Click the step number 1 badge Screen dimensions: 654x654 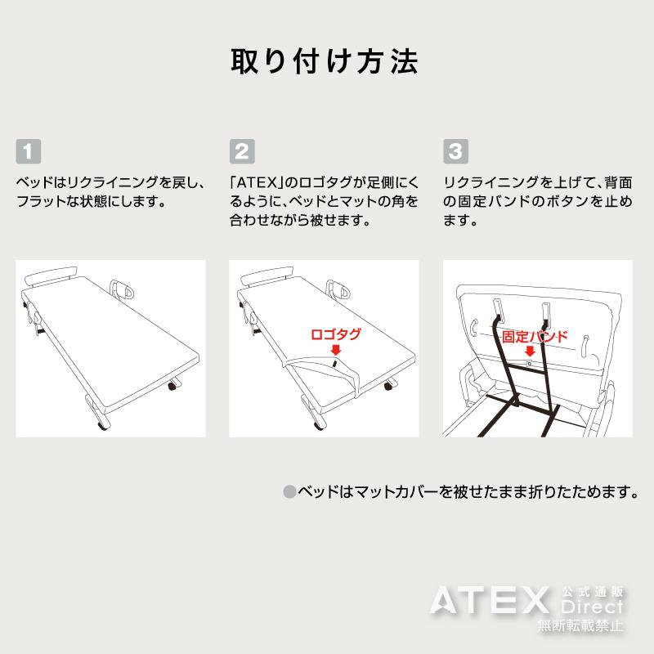pos(28,150)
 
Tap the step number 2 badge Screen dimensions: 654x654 pos(241,150)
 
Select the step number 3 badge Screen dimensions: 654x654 pos(455,150)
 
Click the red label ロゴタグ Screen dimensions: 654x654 pos(336,334)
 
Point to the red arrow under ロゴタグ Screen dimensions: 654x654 pos(336,349)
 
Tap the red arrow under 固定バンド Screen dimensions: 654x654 pos(530,351)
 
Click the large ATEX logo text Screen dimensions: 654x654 pos(490,603)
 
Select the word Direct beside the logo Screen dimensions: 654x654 pos(593,608)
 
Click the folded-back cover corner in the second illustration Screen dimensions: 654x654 pos(327,373)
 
